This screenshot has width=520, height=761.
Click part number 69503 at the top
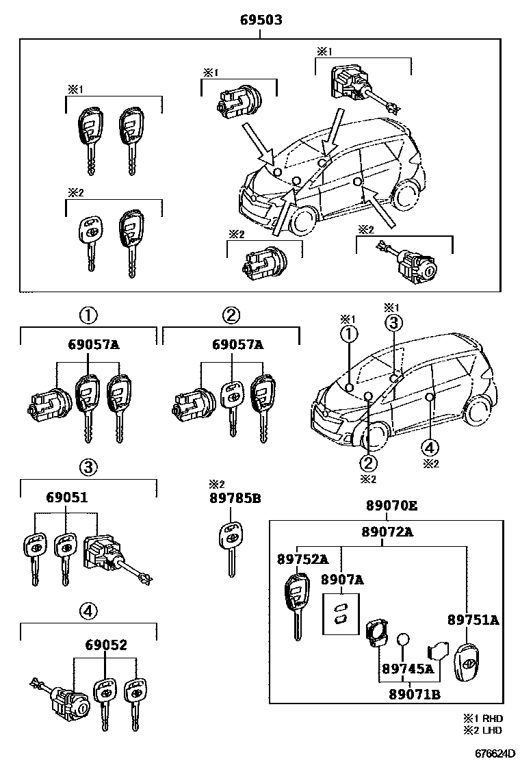pos(261,21)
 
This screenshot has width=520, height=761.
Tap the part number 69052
pos(106,645)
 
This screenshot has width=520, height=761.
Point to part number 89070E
pos(391,506)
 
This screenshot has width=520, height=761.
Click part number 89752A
pos(302,559)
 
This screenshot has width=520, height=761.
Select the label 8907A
pos(342,580)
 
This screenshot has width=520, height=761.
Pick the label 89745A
pos(408,669)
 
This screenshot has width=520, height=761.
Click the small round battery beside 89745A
pos(404,639)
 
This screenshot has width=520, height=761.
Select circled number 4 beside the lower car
pos(429,448)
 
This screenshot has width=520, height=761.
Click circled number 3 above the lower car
pos(394,323)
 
